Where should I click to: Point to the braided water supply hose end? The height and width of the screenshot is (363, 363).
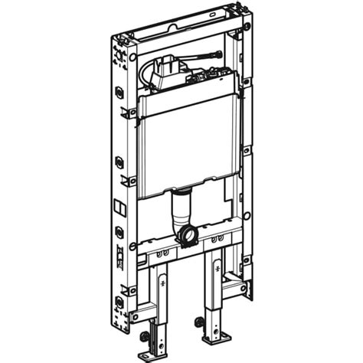point(217,54)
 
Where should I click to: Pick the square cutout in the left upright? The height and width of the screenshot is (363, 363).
point(119,208)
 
